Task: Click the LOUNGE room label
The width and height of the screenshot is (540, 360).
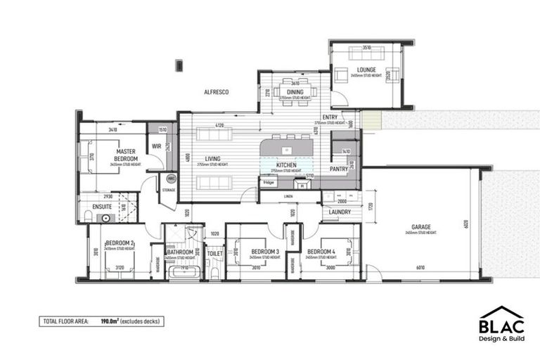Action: (x=366, y=70)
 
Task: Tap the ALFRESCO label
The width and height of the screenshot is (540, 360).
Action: (x=216, y=92)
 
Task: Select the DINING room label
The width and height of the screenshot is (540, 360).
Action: (x=295, y=92)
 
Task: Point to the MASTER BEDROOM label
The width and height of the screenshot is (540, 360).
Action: (x=126, y=155)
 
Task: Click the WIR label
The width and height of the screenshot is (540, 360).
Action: (x=157, y=146)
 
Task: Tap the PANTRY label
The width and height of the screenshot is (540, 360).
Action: (x=339, y=169)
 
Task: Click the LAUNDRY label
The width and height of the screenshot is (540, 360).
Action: (x=340, y=212)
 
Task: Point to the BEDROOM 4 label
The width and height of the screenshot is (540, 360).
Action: (x=321, y=251)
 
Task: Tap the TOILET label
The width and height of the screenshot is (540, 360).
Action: (x=215, y=252)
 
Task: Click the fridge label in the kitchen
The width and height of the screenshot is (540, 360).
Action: (x=269, y=182)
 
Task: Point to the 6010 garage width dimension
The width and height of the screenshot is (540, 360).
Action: (x=420, y=267)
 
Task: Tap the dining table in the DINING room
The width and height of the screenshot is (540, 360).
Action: (x=295, y=91)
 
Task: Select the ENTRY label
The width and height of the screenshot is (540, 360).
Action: (x=330, y=117)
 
